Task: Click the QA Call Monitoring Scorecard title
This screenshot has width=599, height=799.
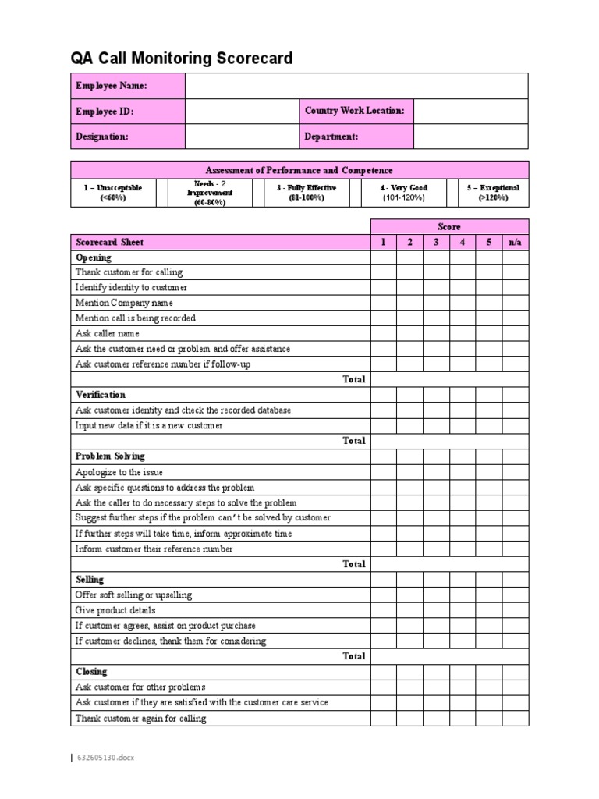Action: (x=182, y=59)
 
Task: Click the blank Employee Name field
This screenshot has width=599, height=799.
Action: (x=356, y=86)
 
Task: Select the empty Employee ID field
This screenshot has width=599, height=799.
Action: (x=242, y=112)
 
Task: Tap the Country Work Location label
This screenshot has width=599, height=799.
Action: (x=355, y=111)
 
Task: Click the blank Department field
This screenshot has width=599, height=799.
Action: (x=470, y=136)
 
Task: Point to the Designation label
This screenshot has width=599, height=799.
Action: (x=102, y=136)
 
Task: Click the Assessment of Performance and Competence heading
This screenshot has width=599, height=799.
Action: (x=299, y=170)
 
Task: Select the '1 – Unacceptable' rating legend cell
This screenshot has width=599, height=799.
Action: (x=113, y=193)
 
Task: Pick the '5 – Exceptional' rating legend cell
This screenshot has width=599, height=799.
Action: (x=493, y=193)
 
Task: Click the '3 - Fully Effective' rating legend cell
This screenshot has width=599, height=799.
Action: (x=307, y=193)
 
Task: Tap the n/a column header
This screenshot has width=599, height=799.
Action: (x=515, y=243)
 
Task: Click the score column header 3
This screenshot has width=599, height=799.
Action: (x=436, y=243)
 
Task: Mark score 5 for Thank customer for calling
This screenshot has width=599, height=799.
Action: (x=489, y=272)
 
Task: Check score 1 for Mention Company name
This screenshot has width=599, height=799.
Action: (x=383, y=303)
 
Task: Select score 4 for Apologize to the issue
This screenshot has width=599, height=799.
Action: (x=463, y=472)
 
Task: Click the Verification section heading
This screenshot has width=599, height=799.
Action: (x=101, y=395)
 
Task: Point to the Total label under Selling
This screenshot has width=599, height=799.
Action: (x=354, y=656)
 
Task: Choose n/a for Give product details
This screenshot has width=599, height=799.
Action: (x=515, y=610)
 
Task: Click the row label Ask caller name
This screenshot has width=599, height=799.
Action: (x=108, y=333)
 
